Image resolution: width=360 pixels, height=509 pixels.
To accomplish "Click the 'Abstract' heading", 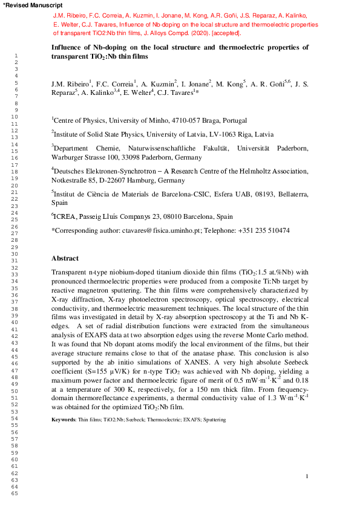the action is pos(65,258).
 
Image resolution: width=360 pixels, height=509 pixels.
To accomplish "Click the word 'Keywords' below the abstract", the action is pos(62,402).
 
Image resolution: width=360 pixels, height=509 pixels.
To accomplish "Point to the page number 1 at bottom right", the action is pos(307,477).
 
